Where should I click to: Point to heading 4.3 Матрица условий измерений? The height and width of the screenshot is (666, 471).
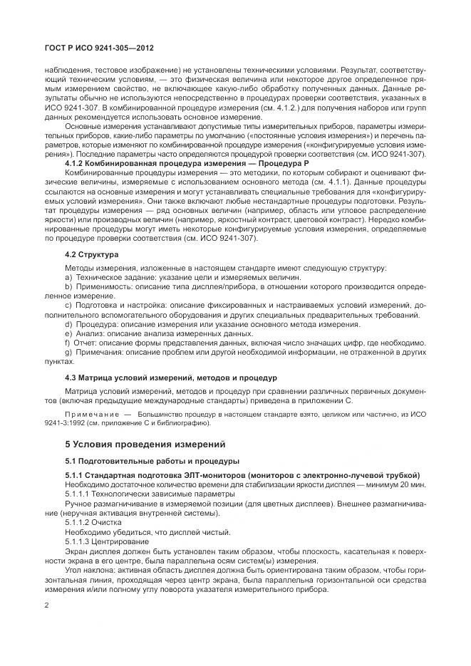tap(171, 376)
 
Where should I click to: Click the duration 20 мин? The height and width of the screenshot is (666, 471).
tap(413, 484)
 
